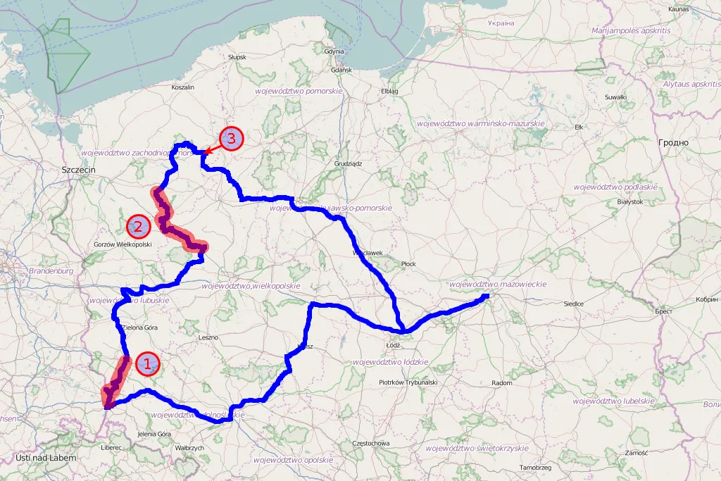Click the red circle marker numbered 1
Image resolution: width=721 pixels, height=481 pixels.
pos(148,364)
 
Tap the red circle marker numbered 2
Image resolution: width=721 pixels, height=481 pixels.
pos(138,227)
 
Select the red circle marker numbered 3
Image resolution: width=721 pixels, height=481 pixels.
pos(231,139)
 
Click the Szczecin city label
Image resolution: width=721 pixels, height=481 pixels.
pos(78,170)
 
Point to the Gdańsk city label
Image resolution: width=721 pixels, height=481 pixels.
pos(340,70)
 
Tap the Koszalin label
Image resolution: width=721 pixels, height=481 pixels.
pos(182,87)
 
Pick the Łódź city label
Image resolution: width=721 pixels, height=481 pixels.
pos(394,345)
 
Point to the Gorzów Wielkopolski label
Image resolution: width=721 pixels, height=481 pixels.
pos(123,245)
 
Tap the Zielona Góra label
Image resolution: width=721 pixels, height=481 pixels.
pos(139,327)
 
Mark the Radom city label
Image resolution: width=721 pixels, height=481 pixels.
pos(501,382)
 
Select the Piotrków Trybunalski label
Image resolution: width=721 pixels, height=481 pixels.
pos(408,382)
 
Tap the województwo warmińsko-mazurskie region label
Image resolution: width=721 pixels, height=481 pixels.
pos(481,123)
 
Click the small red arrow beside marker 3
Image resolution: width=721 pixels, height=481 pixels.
pos(209,150)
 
